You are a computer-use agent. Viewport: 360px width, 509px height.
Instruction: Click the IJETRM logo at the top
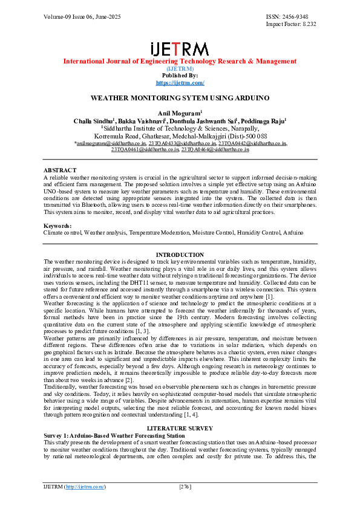[180, 49]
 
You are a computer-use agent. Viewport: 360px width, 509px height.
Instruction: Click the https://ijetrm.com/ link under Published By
[180, 82]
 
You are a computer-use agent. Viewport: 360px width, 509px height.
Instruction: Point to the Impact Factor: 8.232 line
[291, 24]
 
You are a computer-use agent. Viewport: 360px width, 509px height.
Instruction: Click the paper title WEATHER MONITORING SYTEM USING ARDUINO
[180, 97]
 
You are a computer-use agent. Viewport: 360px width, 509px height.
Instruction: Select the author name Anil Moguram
[179, 113]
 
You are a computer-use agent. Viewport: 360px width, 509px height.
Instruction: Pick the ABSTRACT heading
[60, 171]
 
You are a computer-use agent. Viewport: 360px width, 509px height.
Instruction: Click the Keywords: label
[57, 225]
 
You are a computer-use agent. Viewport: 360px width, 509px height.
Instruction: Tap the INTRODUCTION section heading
[180, 254]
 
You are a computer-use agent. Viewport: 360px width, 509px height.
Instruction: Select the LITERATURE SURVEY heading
[180, 428]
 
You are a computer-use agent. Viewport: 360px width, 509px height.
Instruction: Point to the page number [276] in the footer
[186, 487]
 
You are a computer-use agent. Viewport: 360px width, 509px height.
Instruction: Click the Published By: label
[180, 76]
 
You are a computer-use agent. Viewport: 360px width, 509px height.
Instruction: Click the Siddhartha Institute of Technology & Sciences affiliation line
[180, 129]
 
